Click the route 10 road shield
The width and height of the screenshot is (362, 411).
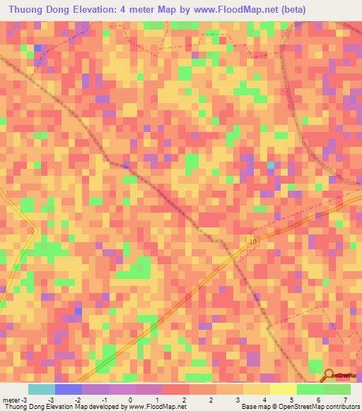tap(252, 242)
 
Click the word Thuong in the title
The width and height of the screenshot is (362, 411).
tap(30, 9)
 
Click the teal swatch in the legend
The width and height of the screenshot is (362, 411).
tap(41, 389)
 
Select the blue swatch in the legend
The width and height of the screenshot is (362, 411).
tap(68, 389)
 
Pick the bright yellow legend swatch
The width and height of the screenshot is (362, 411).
tap(283, 389)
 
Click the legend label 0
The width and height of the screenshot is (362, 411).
tap(130, 400)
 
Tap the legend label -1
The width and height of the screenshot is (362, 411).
tap(104, 400)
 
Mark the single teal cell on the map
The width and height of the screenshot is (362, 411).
tap(270, 166)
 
